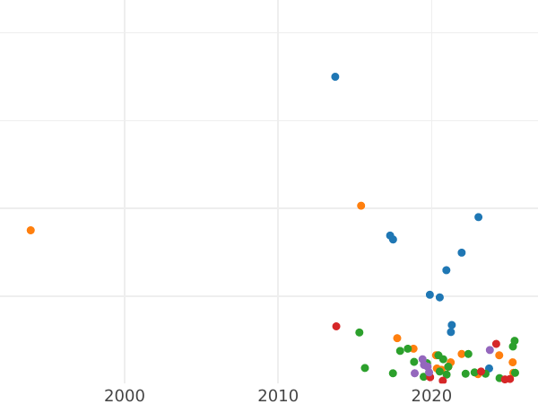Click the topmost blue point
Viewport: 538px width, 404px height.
pos(335,77)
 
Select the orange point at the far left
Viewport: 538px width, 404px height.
pos(30,231)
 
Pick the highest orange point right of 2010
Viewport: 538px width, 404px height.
pos(361,206)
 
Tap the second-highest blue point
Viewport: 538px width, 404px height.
pos(479,217)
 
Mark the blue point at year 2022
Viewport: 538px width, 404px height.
pos(462,253)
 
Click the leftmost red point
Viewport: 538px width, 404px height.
pos(336,327)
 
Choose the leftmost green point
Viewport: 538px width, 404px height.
pos(360,333)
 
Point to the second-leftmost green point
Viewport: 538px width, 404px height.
pos(365,368)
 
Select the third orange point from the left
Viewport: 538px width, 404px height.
pos(397,338)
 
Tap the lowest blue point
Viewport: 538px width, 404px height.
pos(489,369)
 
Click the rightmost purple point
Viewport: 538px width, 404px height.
pos(490,350)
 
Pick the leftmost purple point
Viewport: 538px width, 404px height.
pos(415,373)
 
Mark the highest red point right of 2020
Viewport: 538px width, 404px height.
pos(496,344)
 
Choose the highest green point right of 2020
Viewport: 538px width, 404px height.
pos(515,341)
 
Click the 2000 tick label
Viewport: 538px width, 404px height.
pos(125,396)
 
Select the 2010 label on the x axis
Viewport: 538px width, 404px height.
pos(278,396)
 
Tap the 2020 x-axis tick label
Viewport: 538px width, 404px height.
pos(431,396)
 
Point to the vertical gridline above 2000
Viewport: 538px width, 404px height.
pos(125,180)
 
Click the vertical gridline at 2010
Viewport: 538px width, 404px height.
pos(278,180)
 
